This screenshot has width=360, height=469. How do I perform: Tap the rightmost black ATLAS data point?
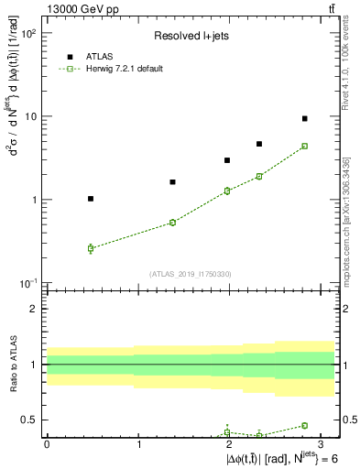(x=305, y=118)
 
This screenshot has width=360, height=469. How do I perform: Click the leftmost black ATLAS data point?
(x=90, y=199)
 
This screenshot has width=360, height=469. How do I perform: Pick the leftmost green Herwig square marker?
(x=90, y=248)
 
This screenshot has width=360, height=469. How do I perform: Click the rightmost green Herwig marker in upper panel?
(x=305, y=146)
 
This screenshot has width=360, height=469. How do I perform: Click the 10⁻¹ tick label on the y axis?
(x=28, y=284)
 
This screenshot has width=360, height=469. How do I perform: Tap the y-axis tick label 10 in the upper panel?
(x=30, y=117)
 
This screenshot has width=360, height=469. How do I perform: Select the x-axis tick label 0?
(x=47, y=443)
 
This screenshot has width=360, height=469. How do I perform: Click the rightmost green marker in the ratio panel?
(x=305, y=425)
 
